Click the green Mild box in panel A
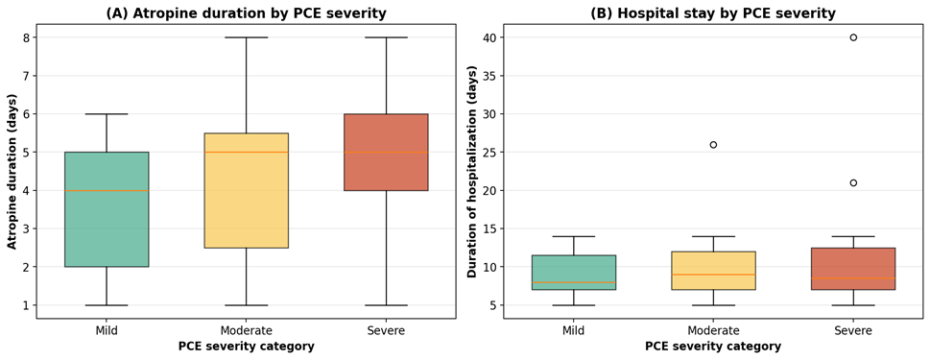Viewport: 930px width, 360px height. [107, 209]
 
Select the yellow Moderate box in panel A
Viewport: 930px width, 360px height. [246, 190]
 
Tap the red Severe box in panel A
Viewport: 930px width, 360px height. [386, 152]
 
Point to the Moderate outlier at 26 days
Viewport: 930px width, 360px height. [713, 145]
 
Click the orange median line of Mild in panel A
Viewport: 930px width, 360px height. [107, 190]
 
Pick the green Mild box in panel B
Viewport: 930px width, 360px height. [574, 273]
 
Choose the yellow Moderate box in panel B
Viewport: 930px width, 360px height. [713, 271]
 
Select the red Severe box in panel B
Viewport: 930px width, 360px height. [853, 269]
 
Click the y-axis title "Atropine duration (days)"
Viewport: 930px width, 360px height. [12, 172]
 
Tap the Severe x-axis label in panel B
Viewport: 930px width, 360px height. [853, 330]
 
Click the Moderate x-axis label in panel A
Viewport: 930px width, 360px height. [246, 330]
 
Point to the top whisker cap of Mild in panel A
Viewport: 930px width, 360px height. [107, 114]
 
